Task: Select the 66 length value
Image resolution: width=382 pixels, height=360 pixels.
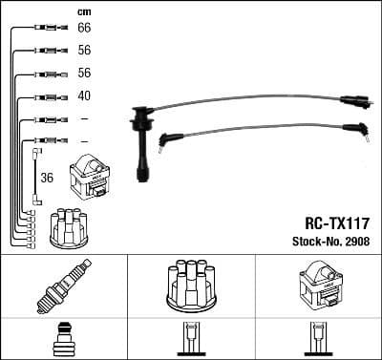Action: pos(84,30)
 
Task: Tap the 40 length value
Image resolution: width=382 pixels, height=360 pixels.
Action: pos(84,96)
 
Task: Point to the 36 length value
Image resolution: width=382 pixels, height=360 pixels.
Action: pos(48,177)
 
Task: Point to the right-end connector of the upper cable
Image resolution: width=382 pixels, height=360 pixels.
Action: pos(353,98)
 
